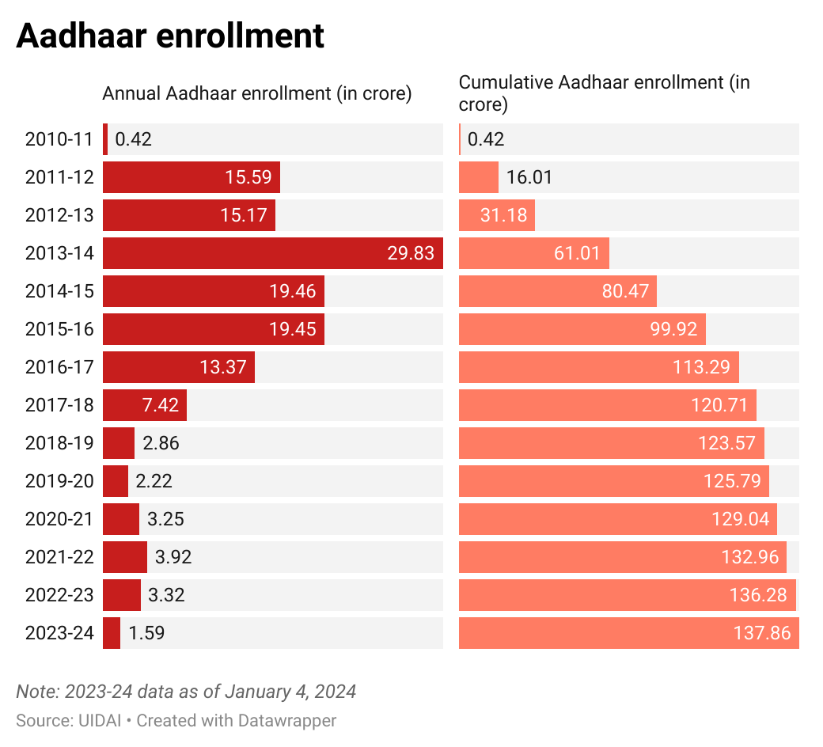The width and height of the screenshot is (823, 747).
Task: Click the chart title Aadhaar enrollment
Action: (170, 36)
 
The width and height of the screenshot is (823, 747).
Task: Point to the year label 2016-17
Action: (59, 367)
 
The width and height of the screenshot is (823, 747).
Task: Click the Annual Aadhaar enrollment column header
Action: (257, 93)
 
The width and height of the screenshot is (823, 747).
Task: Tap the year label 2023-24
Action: (59, 633)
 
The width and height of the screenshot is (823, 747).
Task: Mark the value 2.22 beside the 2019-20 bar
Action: (154, 481)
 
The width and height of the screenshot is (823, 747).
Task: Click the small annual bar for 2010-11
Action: (105, 139)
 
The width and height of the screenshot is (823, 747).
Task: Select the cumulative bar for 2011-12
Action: (478, 177)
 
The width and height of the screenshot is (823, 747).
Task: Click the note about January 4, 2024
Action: (186, 692)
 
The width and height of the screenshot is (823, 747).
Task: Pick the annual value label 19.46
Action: (292, 291)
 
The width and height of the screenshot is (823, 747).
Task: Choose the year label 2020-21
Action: (59, 519)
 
